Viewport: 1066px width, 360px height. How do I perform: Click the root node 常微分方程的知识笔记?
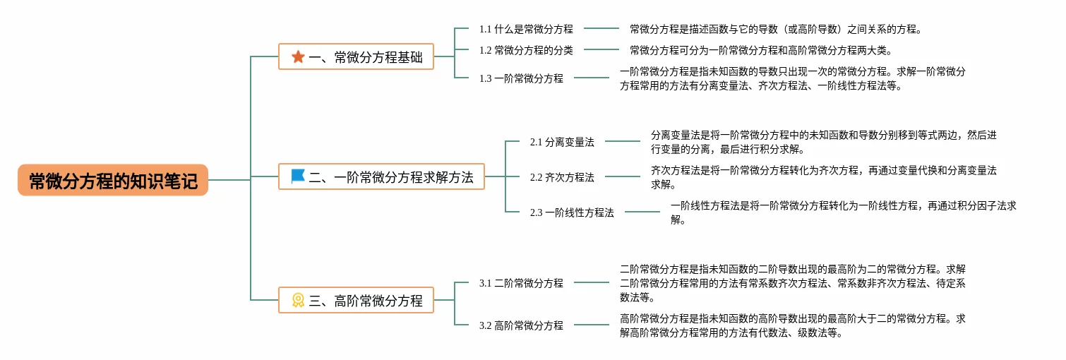113,180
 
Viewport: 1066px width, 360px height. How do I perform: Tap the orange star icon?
298,56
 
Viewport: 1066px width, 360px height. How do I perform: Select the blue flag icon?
298,176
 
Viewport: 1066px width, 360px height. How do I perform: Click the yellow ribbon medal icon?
298,300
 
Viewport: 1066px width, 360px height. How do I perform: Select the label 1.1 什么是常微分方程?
526,29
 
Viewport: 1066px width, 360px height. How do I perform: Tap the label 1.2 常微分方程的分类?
526,50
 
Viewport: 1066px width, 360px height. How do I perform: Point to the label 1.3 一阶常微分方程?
521,78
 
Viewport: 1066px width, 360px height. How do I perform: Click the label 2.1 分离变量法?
562,142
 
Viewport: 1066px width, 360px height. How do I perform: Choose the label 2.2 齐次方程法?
562,177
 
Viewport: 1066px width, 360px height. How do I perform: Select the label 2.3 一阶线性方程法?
572,212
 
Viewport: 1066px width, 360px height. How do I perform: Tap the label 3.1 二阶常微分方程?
521,283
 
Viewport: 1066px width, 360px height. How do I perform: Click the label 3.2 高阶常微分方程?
521,325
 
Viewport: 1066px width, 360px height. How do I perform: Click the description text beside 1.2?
761,50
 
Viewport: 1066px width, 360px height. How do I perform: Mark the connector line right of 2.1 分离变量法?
622,142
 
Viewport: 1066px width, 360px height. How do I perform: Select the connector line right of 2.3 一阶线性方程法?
642,212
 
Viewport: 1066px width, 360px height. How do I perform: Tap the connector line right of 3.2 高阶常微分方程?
591,325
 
